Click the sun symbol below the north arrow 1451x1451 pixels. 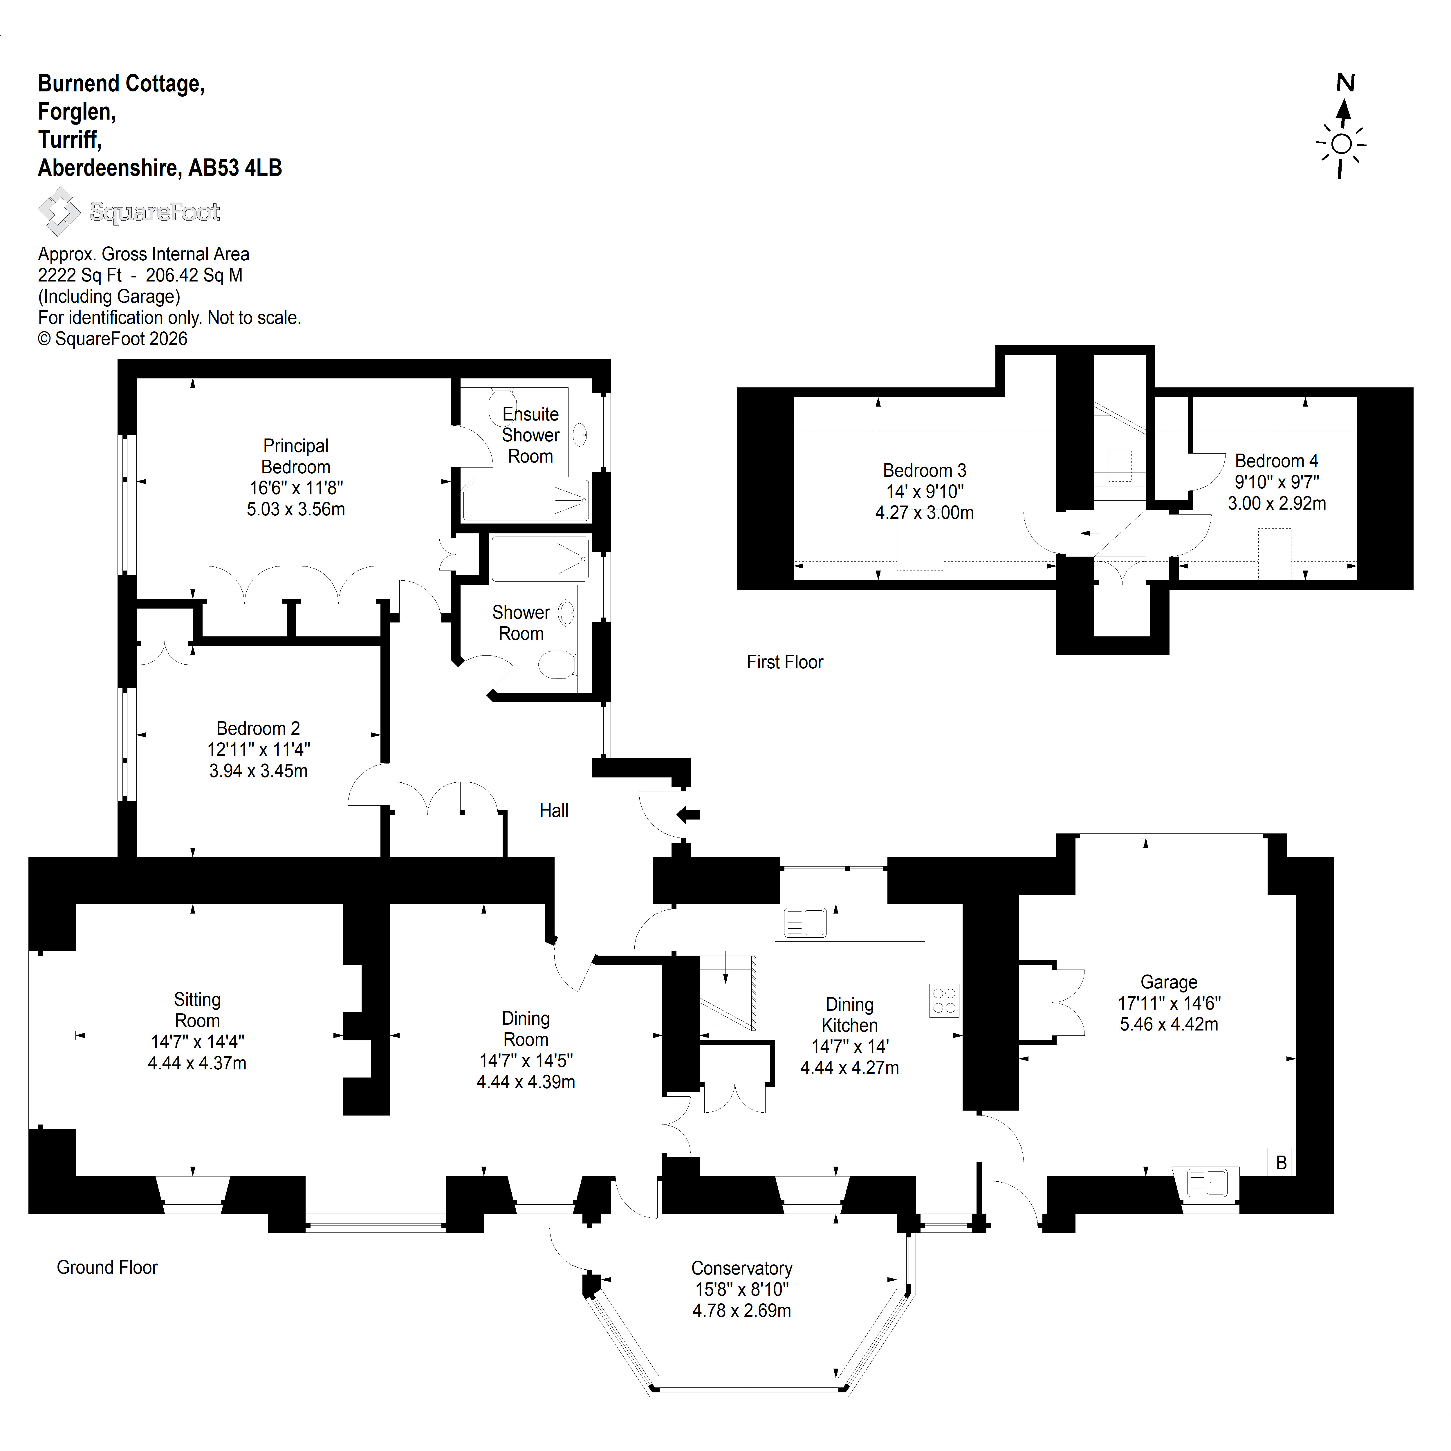click(x=1341, y=144)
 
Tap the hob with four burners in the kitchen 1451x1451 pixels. click(x=944, y=1000)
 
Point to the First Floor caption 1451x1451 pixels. click(x=785, y=662)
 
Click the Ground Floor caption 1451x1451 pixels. click(x=107, y=1267)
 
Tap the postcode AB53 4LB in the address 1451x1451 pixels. click(x=235, y=167)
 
